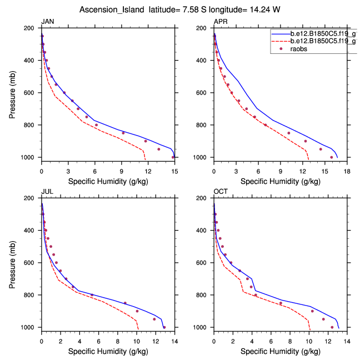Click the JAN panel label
click(48, 22)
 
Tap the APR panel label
click(221, 22)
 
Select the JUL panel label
click(47, 192)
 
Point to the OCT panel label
click(221, 192)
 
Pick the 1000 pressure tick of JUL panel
click(29, 327)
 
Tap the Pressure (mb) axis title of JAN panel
click(13, 92)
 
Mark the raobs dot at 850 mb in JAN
click(123, 133)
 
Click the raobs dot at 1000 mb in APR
click(332, 157)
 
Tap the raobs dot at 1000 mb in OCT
click(332, 327)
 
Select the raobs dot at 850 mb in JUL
click(125, 303)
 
